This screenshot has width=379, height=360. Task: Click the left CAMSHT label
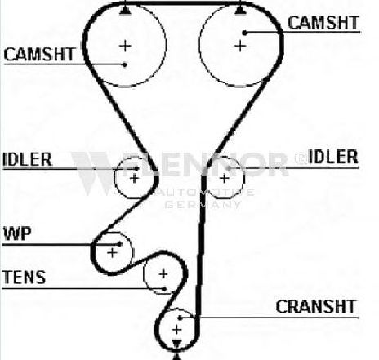(39, 54)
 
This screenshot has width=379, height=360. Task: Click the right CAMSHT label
(323, 23)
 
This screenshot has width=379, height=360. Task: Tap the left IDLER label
(27, 159)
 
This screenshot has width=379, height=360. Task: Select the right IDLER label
(333, 157)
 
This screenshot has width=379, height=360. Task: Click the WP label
(17, 233)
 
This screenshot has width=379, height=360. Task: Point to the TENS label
(24, 278)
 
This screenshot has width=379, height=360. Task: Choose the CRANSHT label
(316, 307)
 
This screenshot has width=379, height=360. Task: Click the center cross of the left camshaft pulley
(125, 46)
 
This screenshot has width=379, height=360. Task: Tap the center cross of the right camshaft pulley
(240, 46)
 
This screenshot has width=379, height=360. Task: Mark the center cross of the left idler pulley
(134, 179)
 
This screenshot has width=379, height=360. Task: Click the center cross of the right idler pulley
(224, 179)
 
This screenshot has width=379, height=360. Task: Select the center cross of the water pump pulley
(112, 253)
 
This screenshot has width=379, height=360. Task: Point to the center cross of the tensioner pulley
(163, 273)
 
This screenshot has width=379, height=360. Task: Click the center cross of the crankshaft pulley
(176, 330)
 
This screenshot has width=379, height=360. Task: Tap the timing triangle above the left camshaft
(125, 10)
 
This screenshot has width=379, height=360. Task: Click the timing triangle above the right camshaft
(239, 10)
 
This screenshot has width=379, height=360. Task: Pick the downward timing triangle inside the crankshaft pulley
(176, 344)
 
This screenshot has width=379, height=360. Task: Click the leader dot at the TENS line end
(164, 289)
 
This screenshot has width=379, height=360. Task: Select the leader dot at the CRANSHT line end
(180, 318)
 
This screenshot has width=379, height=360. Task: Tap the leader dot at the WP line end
(119, 244)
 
